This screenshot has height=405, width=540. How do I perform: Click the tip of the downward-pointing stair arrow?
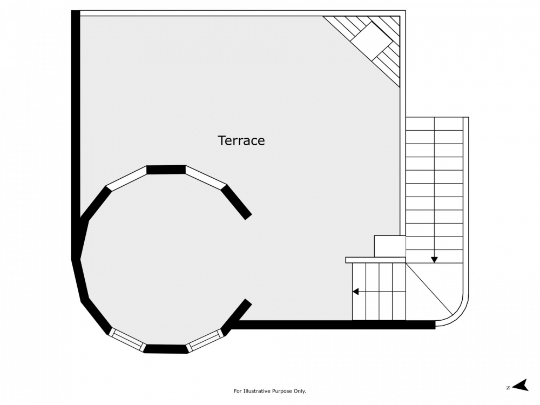[434, 263]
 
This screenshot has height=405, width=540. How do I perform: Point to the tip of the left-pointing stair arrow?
[352, 292]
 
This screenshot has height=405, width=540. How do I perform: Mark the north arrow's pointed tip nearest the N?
[512, 387]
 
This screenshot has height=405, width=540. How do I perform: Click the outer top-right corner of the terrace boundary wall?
[406, 10]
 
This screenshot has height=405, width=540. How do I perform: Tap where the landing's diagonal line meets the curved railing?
[452, 314]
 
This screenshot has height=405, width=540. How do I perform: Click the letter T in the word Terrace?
[221, 140]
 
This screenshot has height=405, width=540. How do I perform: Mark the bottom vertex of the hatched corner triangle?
[400, 87]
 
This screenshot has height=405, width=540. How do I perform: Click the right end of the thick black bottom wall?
[435, 325]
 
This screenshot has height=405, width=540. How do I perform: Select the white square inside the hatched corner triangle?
[372, 42]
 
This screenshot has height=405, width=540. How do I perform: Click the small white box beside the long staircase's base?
[390, 246]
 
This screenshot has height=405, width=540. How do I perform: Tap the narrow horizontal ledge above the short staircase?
[376, 260]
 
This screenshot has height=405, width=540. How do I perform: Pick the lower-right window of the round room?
[205, 340]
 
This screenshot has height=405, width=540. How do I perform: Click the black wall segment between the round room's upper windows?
[166, 170]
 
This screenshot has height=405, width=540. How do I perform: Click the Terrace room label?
[241, 140]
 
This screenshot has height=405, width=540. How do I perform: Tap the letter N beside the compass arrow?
[508, 388]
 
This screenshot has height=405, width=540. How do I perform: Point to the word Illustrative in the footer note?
[258, 391]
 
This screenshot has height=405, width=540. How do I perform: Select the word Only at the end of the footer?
[300, 391]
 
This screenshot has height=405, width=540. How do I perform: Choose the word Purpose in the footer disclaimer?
[282, 391]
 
